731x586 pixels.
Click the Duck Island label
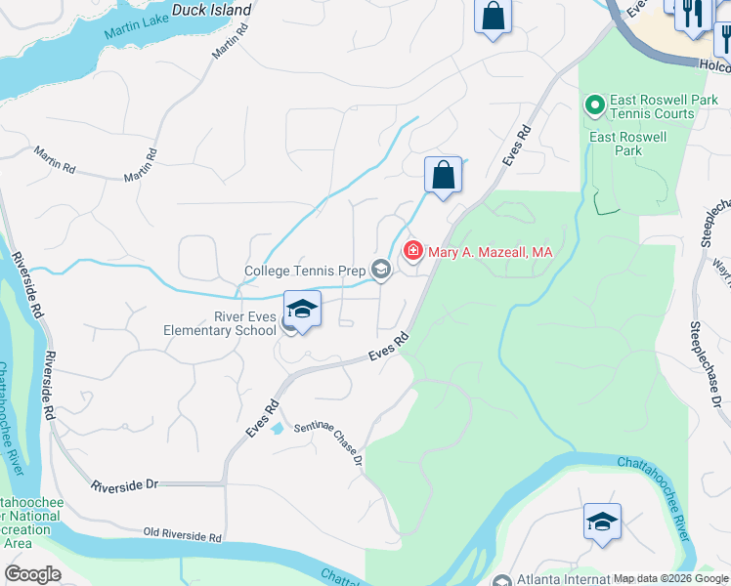pos(211,10)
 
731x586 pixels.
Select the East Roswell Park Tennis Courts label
pos(652,106)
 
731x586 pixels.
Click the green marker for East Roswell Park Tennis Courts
pos(593,103)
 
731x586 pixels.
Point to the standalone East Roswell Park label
pos(628,144)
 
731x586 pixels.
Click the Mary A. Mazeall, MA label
pos(492,252)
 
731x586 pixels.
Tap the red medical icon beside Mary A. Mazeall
pos(413,252)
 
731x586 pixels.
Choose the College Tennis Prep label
pos(304,270)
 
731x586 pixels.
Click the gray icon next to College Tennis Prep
pos(380,270)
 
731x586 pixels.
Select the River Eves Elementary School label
pos(220,323)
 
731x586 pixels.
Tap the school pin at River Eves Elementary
pos(303,311)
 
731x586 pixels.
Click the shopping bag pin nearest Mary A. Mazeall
pos(443,176)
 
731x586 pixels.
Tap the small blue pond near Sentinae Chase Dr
pos(278,428)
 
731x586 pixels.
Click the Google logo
pos(33,573)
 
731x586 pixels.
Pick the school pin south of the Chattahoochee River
pos(602,522)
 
